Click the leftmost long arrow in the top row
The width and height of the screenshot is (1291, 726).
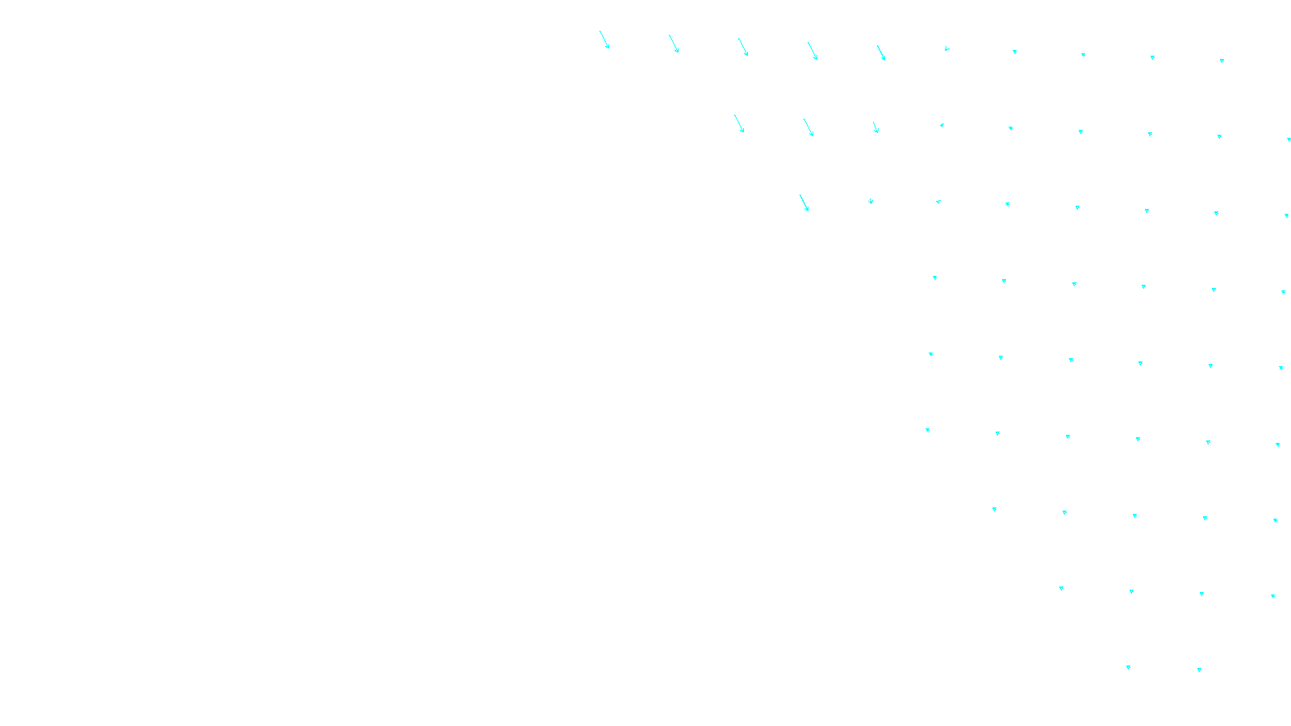pyautogui.click(x=604, y=40)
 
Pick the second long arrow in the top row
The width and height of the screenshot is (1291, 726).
pyautogui.click(x=674, y=44)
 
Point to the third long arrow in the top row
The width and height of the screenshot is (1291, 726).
pyautogui.click(x=743, y=47)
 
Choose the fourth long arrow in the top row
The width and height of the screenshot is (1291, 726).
pyautogui.click(x=813, y=51)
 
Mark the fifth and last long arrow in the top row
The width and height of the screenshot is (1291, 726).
pyautogui.click(x=881, y=52)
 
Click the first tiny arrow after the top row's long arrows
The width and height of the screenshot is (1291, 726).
pyautogui.click(x=946, y=48)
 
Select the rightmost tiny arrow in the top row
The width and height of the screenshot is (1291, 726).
pyautogui.click(x=1222, y=60)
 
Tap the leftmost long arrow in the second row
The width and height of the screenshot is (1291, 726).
pyautogui.click(x=739, y=123)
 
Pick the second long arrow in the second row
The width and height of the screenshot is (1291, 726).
pyautogui.click(x=808, y=127)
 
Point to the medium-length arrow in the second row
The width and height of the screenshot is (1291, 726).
pyautogui.click(x=875, y=127)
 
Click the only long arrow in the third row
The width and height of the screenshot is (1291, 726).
pyautogui.click(x=804, y=202)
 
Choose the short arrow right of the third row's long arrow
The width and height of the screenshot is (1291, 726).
pyautogui.click(x=871, y=201)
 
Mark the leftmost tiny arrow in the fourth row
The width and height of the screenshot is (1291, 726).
pyautogui.click(x=934, y=277)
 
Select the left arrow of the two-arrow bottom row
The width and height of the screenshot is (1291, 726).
pyautogui.click(x=1128, y=667)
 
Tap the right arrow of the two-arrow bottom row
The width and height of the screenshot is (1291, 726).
pyautogui.click(x=1199, y=670)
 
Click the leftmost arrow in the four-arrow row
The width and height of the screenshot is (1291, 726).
pyautogui.click(x=1061, y=588)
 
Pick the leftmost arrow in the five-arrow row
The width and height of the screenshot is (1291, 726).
pyautogui.click(x=994, y=509)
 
